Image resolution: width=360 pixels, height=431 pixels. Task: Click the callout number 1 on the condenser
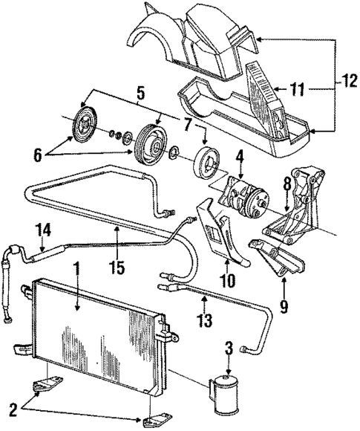point(74,287)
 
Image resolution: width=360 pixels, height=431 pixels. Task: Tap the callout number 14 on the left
point(45,231)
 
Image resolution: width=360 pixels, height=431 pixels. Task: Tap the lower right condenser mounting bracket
point(157,422)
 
